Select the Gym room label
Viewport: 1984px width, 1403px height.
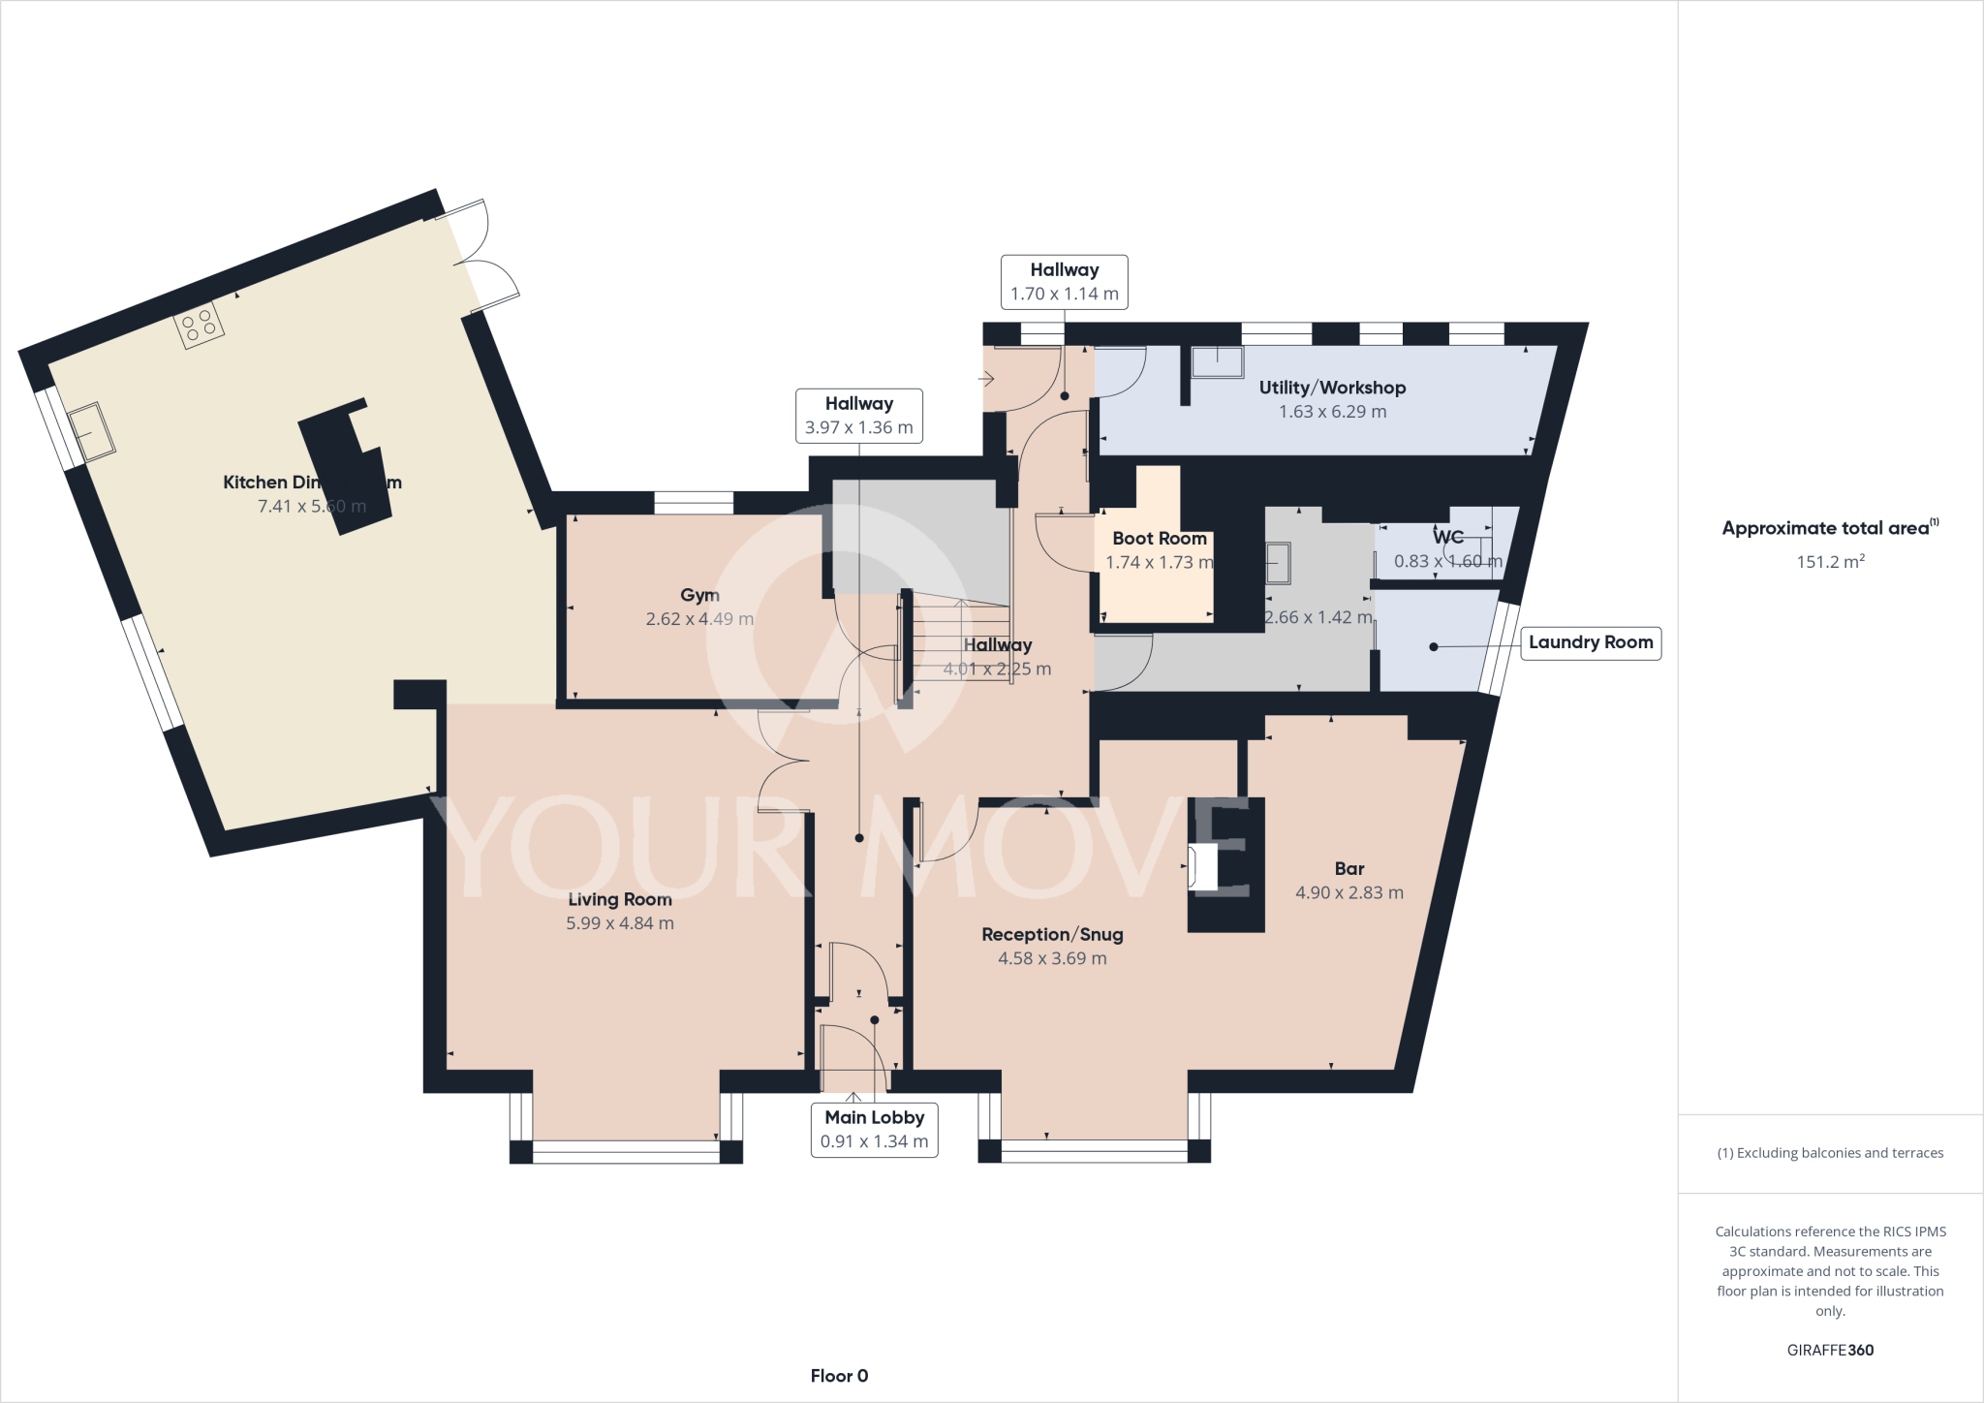[699, 595]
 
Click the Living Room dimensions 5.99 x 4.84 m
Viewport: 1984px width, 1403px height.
[620, 923]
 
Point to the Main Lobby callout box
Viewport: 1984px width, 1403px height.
[874, 1129]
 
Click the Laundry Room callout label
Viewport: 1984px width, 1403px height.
[1590, 642]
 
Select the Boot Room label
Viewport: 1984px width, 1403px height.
[1159, 538]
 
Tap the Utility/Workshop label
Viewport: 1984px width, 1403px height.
[1332, 388]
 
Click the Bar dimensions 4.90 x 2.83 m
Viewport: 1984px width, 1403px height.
[1348, 892]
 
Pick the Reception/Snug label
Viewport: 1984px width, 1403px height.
[1052, 934]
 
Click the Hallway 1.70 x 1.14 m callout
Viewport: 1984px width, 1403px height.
[1064, 282]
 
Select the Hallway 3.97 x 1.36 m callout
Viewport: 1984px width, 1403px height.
[858, 416]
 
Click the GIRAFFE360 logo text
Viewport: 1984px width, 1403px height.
[1830, 1350]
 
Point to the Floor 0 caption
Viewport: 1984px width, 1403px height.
[839, 1375]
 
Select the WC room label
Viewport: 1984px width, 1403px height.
[1447, 538]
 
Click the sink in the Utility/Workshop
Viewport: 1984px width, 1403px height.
[1217, 361]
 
